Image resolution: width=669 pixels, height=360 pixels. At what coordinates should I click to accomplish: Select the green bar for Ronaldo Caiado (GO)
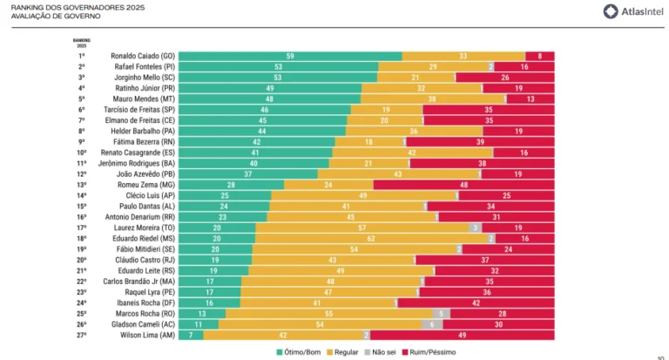pyautogui.click(x=290, y=56)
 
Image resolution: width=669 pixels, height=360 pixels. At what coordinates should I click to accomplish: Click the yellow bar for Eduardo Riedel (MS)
pyautogui.click(x=371, y=238)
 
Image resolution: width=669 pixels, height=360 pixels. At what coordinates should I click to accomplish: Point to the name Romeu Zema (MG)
pyautogui.click(x=150, y=185)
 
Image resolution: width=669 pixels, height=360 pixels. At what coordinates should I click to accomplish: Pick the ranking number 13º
pyautogui.click(x=81, y=185)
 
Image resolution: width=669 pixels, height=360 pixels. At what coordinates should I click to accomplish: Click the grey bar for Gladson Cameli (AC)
pyautogui.click(x=433, y=323)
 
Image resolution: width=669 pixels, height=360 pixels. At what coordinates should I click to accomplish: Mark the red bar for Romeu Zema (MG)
pyautogui.click(x=463, y=185)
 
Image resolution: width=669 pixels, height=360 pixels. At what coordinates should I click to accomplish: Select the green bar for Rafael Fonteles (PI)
pyautogui.click(x=278, y=66)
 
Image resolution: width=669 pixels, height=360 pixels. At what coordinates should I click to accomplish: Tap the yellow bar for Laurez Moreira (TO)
pyautogui.click(x=362, y=228)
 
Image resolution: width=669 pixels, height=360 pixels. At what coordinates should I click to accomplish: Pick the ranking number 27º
pyautogui.click(x=81, y=334)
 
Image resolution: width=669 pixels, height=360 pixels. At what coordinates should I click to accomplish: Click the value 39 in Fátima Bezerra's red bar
pyautogui.click(x=480, y=141)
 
